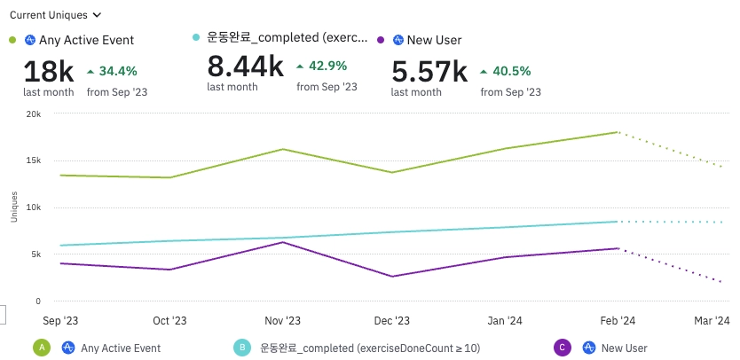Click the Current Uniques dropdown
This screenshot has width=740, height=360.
pyautogui.click(x=55, y=15)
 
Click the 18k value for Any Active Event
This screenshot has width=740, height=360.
pyautogui.click(x=49, y=70)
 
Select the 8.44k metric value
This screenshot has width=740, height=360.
pyautogui.click(x=245, y=66)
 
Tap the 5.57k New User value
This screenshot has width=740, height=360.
pyautogui.click(x=429, y=70)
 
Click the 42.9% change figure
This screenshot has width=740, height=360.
pyautogui.click(x=327, y=66)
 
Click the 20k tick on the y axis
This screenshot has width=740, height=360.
pyautogui.click(x=33, y=113)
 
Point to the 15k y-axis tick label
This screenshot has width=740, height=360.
pyautogui.click(x=33, y=160)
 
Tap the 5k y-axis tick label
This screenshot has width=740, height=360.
pyautogui.click(x=35, y=254)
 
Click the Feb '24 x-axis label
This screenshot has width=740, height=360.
pyautogui.click(x=617, y=320)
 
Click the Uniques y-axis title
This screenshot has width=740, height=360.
pyautogui.click(x=13, y=207)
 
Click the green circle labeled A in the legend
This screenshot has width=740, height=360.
pyautogui.click(x=41, y=348)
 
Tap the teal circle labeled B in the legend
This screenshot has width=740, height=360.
pyautogui.click(x=241, y=348)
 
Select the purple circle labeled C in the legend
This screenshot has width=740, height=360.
pyautogui.click(x=561, y=348)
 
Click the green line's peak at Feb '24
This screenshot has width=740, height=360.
pyautogui.click(x=617, y=132)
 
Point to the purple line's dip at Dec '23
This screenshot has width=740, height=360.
pyautogui.click(x=392, y=277)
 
